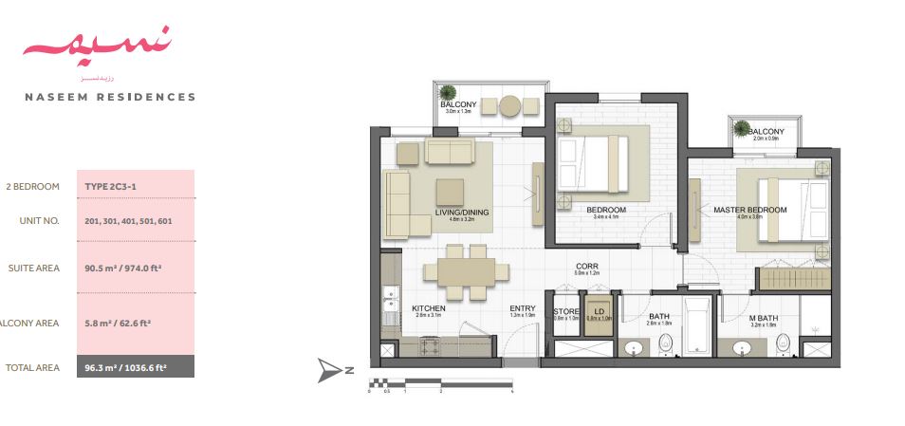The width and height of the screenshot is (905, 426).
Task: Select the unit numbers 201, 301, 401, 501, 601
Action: coord(128,220)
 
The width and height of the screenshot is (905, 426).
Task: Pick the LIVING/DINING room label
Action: coord(462,213)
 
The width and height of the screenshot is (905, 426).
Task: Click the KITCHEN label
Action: coord(429,308)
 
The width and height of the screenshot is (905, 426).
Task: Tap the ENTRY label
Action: coord(522,308)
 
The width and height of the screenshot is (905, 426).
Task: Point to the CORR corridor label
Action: coord(585,268)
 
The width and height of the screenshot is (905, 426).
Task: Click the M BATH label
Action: coord(763,318)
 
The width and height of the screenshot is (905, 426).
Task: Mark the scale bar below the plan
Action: coord(440,384)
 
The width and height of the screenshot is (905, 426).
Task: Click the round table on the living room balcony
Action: coord(510,104)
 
